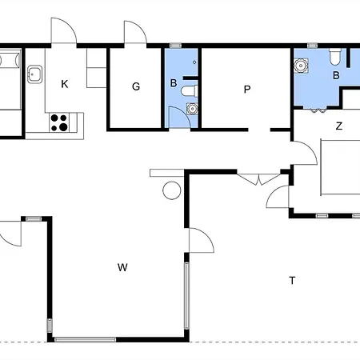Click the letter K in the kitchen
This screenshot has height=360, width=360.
65,84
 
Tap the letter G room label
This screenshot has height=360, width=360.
136,86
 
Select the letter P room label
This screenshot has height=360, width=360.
247,89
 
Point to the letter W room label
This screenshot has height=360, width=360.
122,267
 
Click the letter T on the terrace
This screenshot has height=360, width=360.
292,281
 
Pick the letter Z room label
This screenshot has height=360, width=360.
339,126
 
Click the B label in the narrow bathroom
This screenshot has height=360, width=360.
174,83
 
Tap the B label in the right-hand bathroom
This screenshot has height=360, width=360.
336,75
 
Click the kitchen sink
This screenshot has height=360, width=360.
34,74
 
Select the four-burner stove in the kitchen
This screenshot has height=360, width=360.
59,122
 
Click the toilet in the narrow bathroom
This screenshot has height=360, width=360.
190,91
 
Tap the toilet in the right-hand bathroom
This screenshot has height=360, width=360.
335,56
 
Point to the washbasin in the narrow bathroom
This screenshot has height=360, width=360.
192,109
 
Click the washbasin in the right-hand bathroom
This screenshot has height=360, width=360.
301,66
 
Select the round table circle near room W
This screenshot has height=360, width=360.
172,190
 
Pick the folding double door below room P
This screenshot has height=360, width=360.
258,179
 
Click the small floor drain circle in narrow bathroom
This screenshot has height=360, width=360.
194,62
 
